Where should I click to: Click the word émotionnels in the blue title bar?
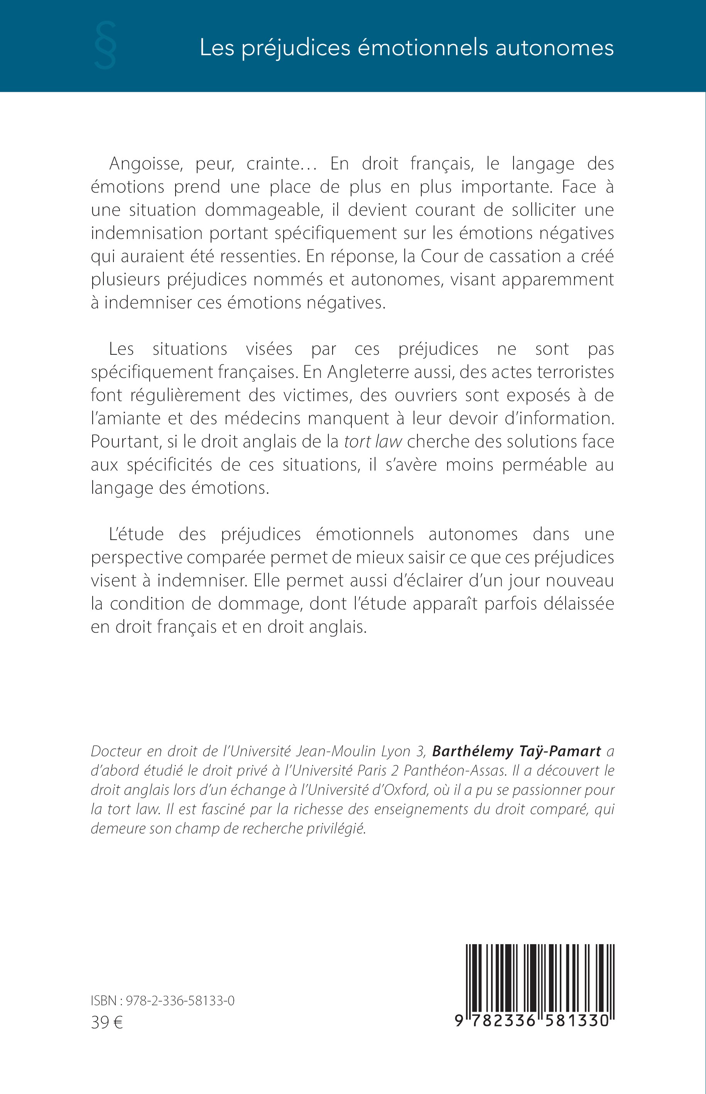[423, 48]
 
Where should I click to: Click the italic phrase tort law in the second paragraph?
[373, 441]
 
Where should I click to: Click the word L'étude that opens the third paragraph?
[136, 534]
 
